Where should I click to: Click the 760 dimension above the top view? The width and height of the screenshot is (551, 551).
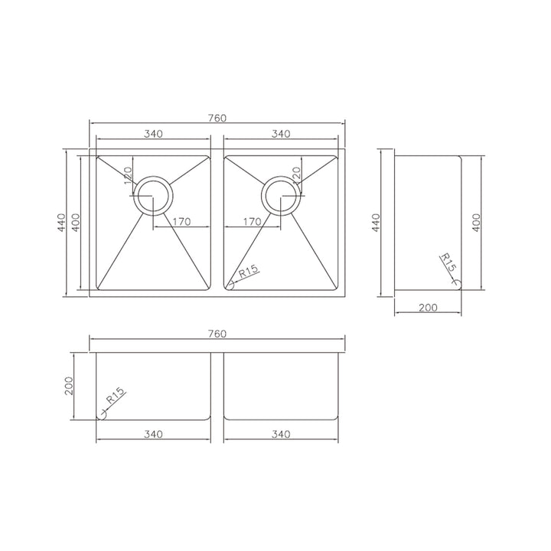click(217, 117)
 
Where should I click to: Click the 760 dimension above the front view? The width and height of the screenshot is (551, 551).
click(217, 334)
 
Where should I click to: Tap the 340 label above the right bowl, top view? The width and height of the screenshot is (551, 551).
click(281, 134)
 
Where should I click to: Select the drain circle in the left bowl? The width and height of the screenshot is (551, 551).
click(154, 196)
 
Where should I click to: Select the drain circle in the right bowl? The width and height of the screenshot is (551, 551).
click(282, 196)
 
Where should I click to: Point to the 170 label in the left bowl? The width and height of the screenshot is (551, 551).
click(181, 223)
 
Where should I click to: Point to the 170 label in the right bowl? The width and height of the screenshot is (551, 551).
click(253, 223)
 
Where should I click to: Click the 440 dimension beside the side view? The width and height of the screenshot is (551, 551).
click(376, 222)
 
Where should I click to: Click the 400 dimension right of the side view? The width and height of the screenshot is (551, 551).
click(475, 222)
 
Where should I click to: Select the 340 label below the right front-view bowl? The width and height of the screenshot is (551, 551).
click(281, 435)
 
